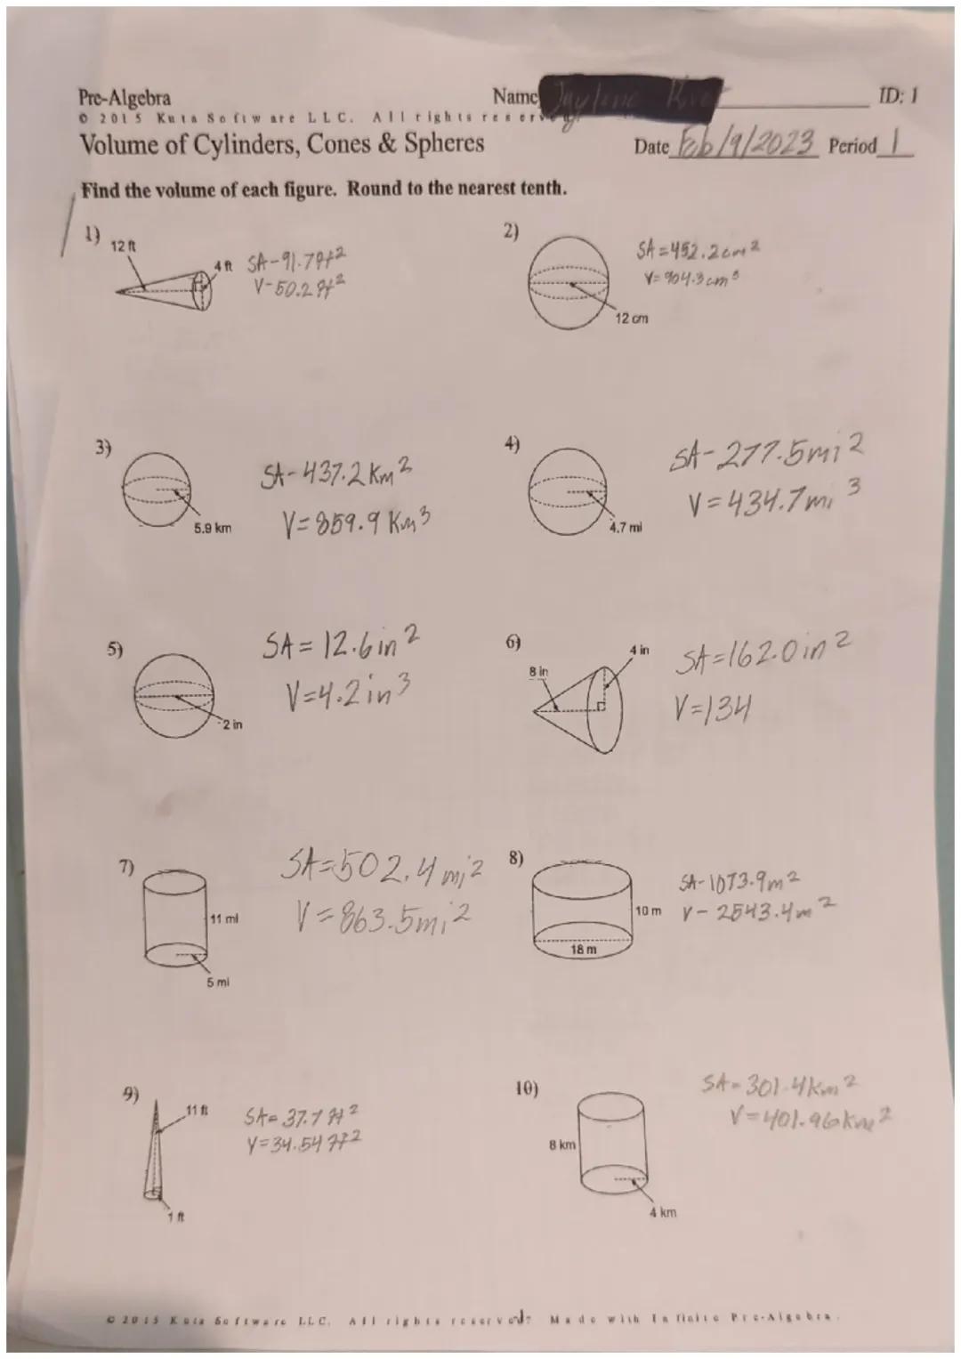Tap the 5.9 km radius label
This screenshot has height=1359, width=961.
coord(212,529)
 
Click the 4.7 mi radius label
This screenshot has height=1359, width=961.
coord(625,528)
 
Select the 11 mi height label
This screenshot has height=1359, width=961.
coord(224,918)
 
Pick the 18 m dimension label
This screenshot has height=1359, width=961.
coord(583,950)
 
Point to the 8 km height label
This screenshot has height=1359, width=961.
coord(561,1145)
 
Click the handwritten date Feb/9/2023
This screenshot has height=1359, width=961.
coord(746,142)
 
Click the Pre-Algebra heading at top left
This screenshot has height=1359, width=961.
coord(125,97)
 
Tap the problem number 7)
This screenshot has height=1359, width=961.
coord(127,867)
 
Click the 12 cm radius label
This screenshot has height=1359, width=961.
coord(632,318)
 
